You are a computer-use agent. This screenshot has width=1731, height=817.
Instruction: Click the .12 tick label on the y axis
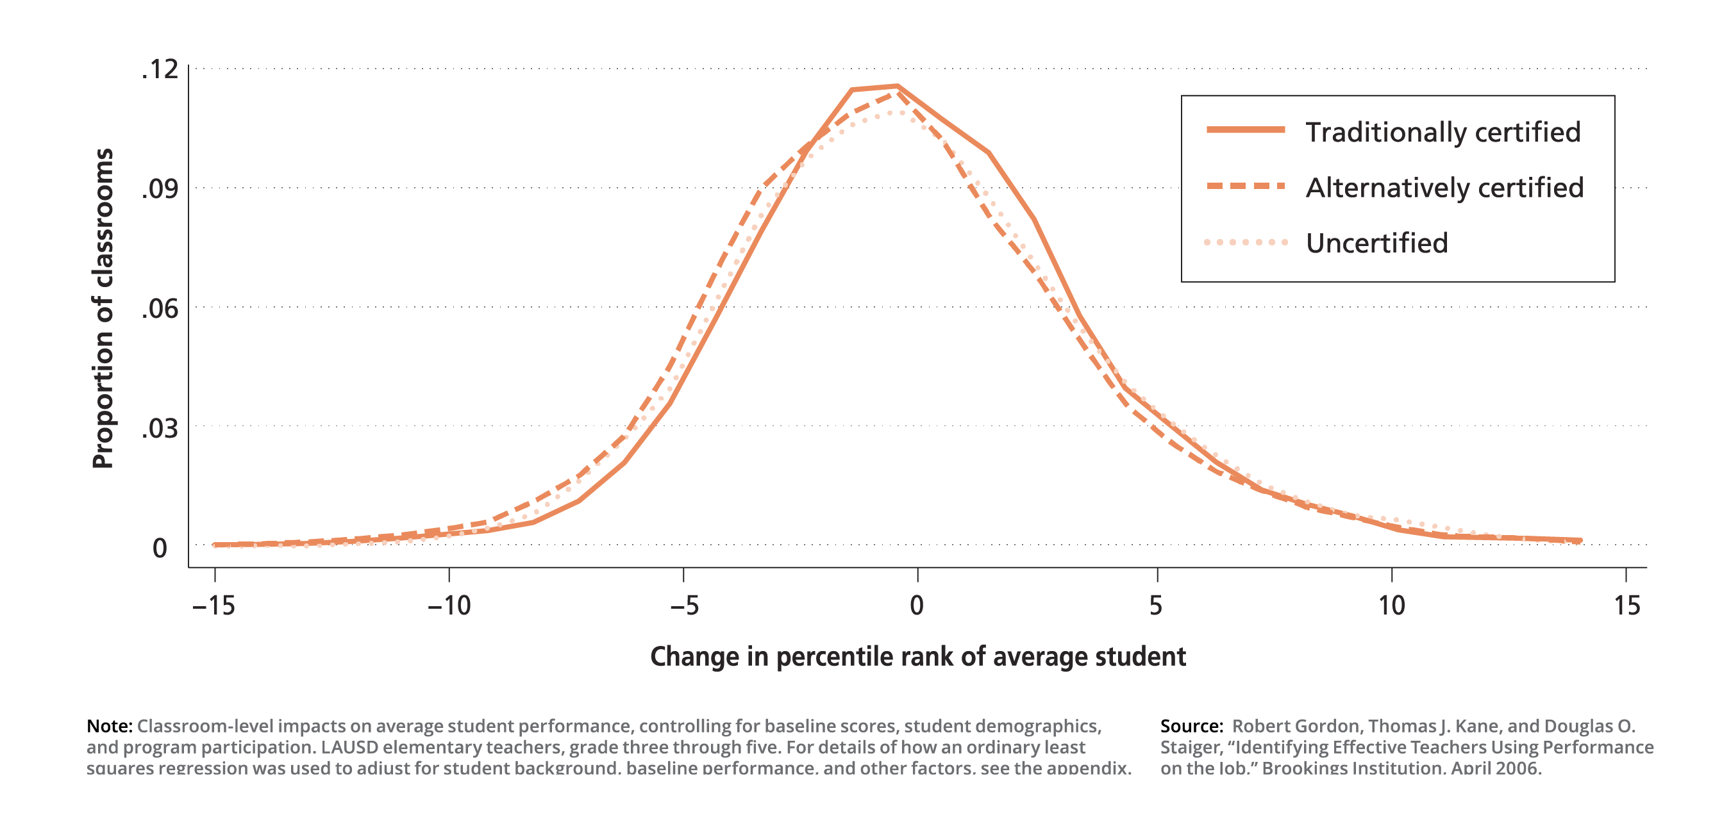[160, 70]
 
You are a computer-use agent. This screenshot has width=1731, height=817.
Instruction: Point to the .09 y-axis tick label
[160, 190]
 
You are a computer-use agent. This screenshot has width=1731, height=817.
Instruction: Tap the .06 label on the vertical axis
[160, 309]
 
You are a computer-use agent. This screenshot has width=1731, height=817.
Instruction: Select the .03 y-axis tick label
[160, 428]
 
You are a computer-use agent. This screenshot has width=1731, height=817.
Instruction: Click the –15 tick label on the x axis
[213, 606]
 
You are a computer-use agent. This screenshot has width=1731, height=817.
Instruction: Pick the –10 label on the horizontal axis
[449, 606]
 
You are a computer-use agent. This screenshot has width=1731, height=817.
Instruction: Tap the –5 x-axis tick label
[684, 606]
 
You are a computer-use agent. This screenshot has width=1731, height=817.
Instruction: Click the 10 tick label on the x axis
[1392, 606]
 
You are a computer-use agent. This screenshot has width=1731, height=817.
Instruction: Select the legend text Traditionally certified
[1442, 133]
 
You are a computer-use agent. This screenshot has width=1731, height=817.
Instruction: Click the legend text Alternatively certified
[1444, 188]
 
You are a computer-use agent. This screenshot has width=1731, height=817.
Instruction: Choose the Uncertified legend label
[1376, 243]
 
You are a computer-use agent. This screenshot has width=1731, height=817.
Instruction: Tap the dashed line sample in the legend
[1245, 186]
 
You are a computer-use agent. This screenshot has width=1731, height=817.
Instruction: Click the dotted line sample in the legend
[1245, 242]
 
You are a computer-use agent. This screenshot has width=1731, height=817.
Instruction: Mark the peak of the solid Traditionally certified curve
[896, 86]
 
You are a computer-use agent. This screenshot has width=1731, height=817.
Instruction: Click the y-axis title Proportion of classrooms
[103, 308]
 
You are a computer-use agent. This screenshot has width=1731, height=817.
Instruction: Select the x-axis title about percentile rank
[917, 656]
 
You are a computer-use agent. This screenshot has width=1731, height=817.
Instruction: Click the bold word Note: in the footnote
[110, 726]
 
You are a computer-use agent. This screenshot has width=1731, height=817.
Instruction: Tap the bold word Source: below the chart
[1191, 726]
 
